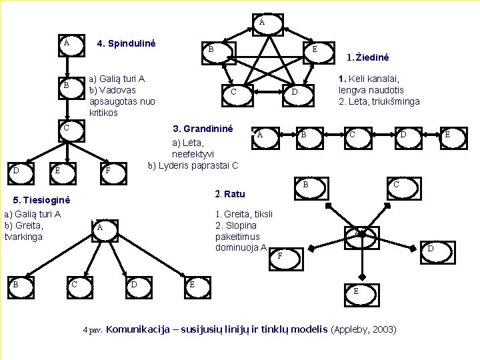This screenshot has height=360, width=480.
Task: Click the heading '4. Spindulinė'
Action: point(126,44)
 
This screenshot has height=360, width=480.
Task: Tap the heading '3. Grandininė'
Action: point(203,128)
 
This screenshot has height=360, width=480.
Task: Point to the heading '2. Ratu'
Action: point(230,194)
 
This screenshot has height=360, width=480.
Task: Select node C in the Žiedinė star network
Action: point(233,91)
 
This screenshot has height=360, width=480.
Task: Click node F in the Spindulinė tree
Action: point(108,171)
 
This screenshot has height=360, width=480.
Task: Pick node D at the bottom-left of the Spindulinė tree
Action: point(15,171)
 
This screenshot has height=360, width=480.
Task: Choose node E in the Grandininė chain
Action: point(447,135)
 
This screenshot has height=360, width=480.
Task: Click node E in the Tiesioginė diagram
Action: point(193,285)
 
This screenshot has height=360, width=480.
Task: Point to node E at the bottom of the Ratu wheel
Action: point(356,291)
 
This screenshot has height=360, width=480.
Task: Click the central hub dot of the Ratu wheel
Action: point(359,234)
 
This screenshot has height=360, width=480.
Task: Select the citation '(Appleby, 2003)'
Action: point(363,329)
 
